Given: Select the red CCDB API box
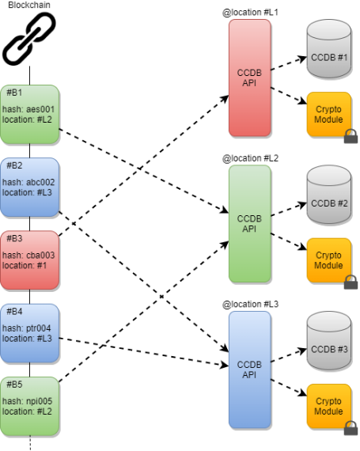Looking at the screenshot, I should [x=249, y=78].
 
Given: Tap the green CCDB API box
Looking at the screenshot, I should [x=249, y=223].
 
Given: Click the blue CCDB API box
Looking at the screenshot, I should [x=249, y=369].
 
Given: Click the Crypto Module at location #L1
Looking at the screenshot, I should [x=328, y=114].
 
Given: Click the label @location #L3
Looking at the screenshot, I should [x=248, y=304].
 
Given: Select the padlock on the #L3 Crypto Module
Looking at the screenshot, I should [x=351, y=428].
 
